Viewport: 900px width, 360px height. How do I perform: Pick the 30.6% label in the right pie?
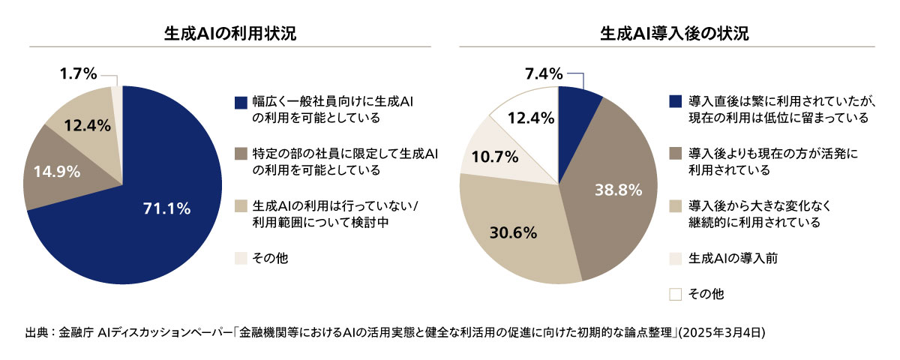pyautogui.click(x=514, y=232)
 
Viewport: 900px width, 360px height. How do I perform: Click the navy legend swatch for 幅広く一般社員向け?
pyautogui.click(x=240, y=102)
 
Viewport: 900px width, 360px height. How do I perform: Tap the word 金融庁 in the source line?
pyautogui.click(x=75, y=331)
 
